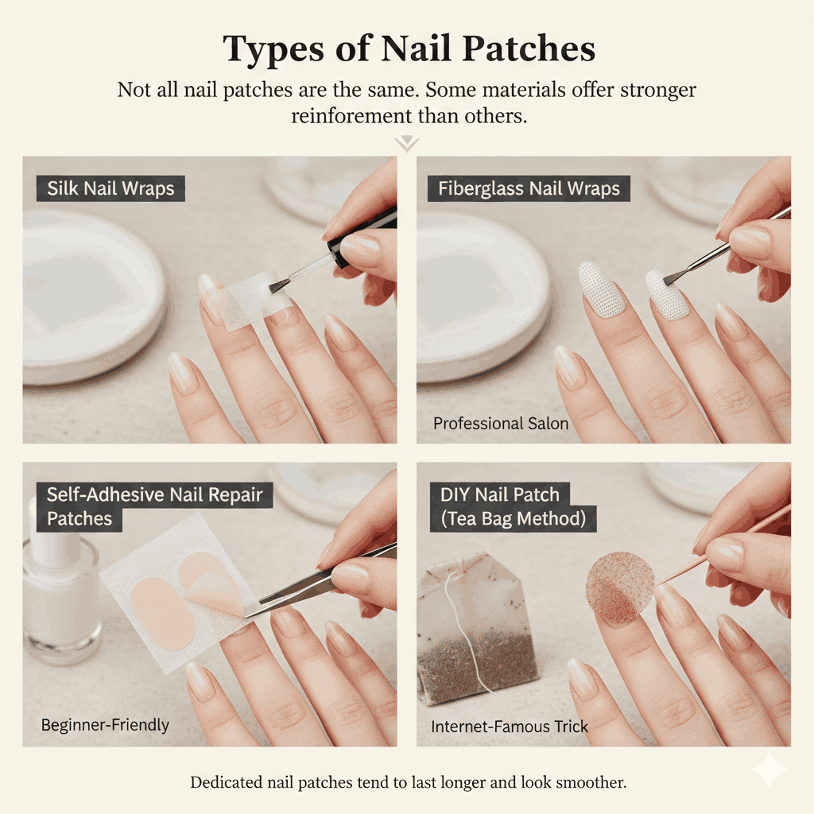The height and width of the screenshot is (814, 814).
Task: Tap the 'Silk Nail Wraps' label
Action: click(x=110, y=188)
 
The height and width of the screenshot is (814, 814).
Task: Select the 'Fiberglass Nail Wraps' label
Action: click(x=529, y=188)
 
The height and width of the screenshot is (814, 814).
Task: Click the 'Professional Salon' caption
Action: click(x=500, y=424)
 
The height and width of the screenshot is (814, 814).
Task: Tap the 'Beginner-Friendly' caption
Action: click(x=105, y=725)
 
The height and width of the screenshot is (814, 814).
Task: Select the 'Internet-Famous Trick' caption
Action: click(x=510, y=727)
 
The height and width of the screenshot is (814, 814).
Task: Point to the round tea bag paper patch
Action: click(x=619, y=587)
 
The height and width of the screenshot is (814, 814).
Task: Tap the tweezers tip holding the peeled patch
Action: click(x=253, y=611)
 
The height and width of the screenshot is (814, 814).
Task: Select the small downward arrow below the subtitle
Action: click(x=407, y=144)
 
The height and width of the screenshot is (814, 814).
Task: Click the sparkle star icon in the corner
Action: click(x=769, y=770)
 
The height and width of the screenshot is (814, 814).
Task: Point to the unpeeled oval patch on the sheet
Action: click(x=162, y=613)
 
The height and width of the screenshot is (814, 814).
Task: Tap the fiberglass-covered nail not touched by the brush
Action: click(x=602, y=289)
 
